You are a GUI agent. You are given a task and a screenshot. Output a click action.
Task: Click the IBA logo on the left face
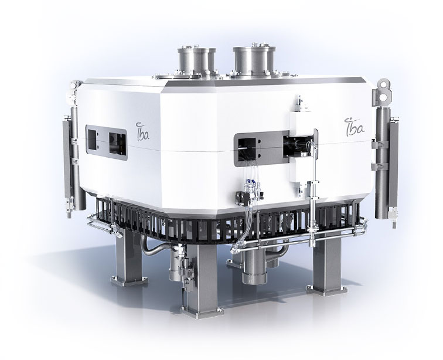click(142, 131)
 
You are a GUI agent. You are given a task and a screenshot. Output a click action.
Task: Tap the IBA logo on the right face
click(355, 127)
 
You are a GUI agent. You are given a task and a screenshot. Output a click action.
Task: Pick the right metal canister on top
click(254, 60)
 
